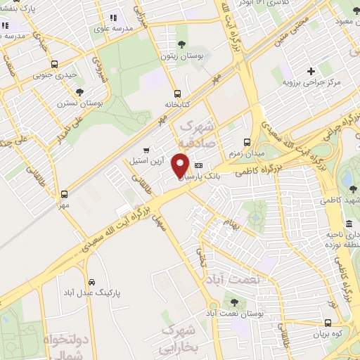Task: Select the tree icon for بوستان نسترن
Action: (79, 91)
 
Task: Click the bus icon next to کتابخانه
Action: (178, 93)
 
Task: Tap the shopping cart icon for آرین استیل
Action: (146, 150)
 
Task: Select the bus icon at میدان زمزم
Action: (246, 141)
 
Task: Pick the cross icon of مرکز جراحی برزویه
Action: (311, 71)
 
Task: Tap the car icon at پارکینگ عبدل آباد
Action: (93, 280)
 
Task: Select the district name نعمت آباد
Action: (235, 279)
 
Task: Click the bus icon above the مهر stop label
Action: (65, 193)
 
